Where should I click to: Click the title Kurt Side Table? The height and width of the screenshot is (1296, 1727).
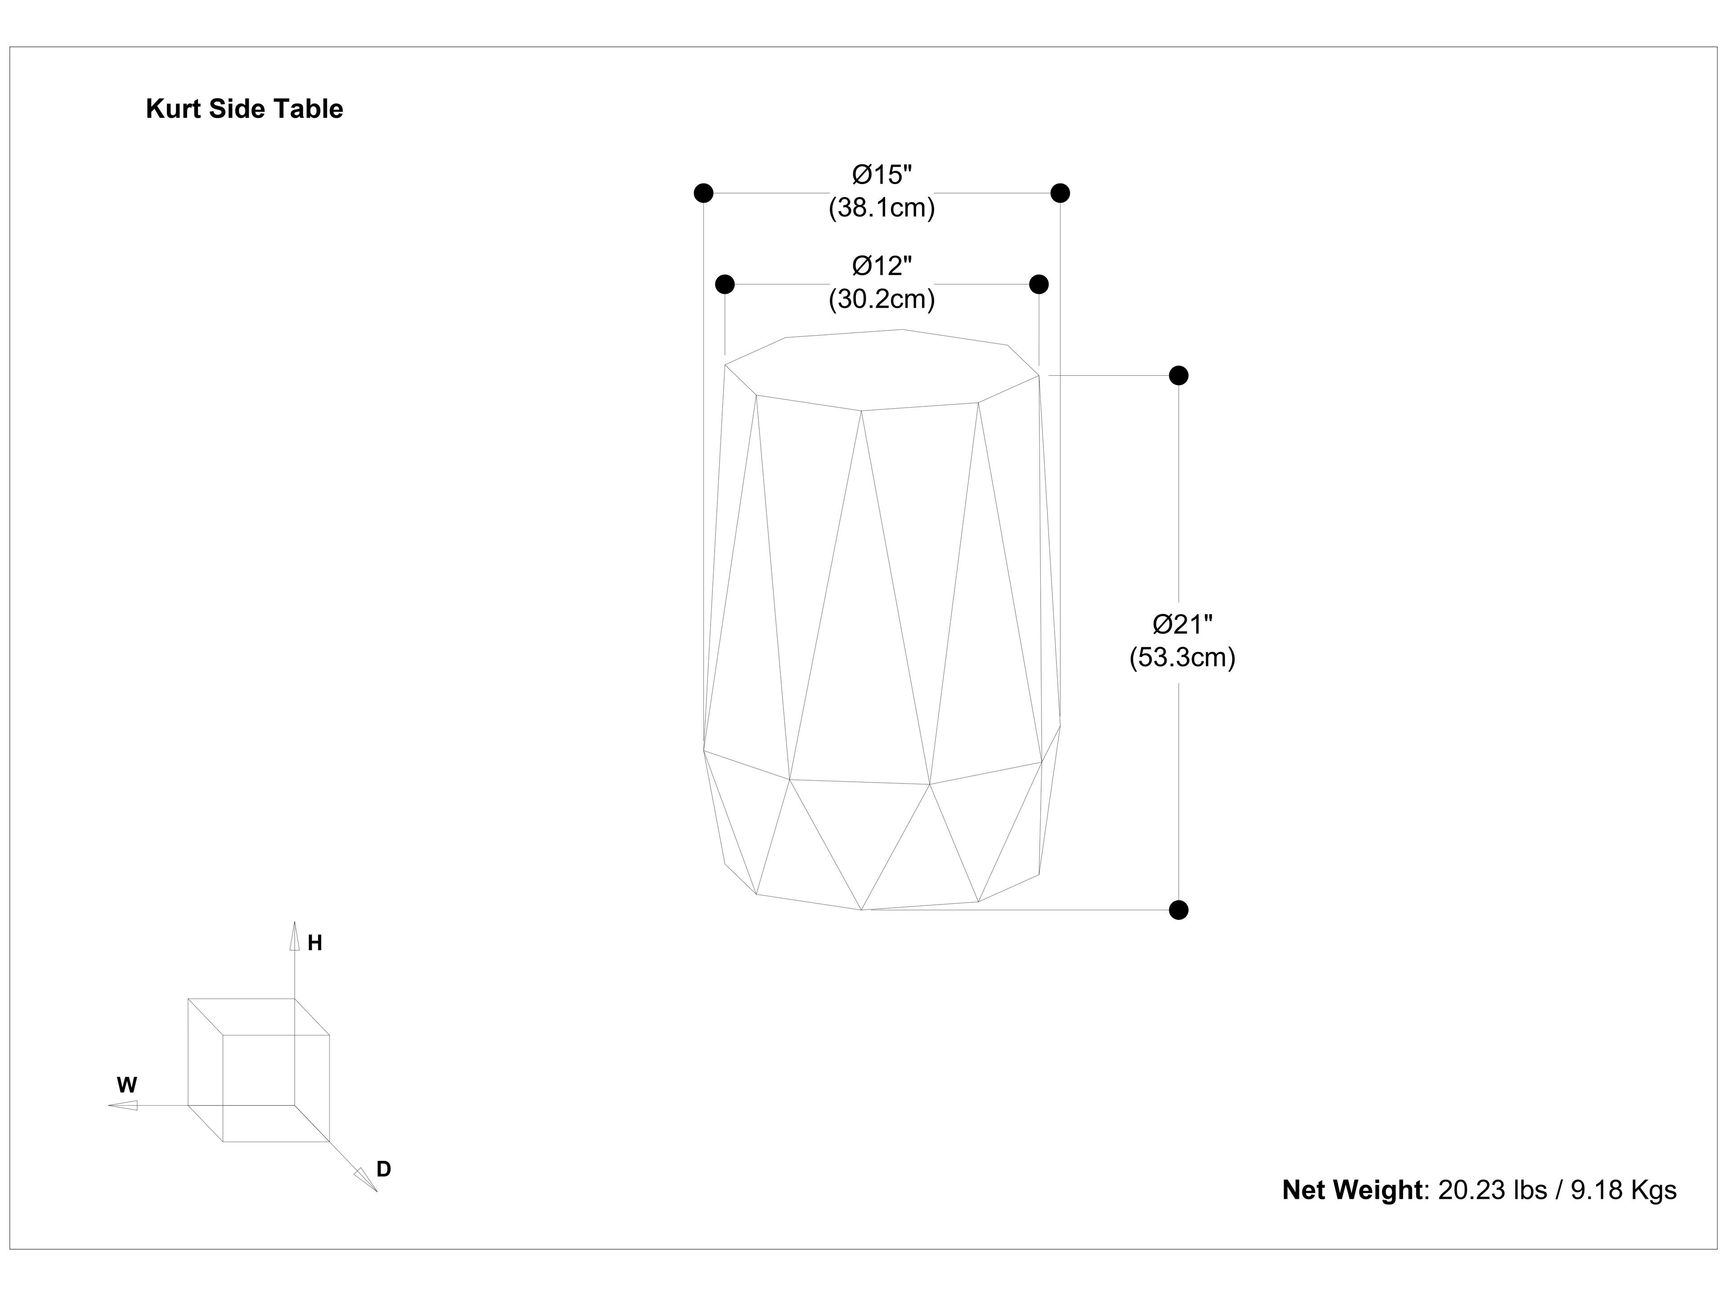click(x=244, y=109)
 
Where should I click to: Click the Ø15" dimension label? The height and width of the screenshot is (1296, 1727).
click(x=881, y=174)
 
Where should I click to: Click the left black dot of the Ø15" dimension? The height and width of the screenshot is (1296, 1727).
click(x=703, y=193)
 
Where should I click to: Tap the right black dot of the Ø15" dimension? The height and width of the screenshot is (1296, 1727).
click(x=1060, y=193)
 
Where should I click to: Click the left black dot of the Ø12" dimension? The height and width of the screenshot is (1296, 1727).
click(x=725, y=283)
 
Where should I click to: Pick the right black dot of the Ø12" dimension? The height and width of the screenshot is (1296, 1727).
click(x=1038, y=283)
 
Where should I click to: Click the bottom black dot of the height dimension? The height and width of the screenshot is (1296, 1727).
click(x=1178, y=910)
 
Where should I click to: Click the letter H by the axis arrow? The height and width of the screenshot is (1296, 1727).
click(x=315, y=944)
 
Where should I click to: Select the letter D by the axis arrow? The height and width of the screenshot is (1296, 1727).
click(x=383, y=1170)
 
